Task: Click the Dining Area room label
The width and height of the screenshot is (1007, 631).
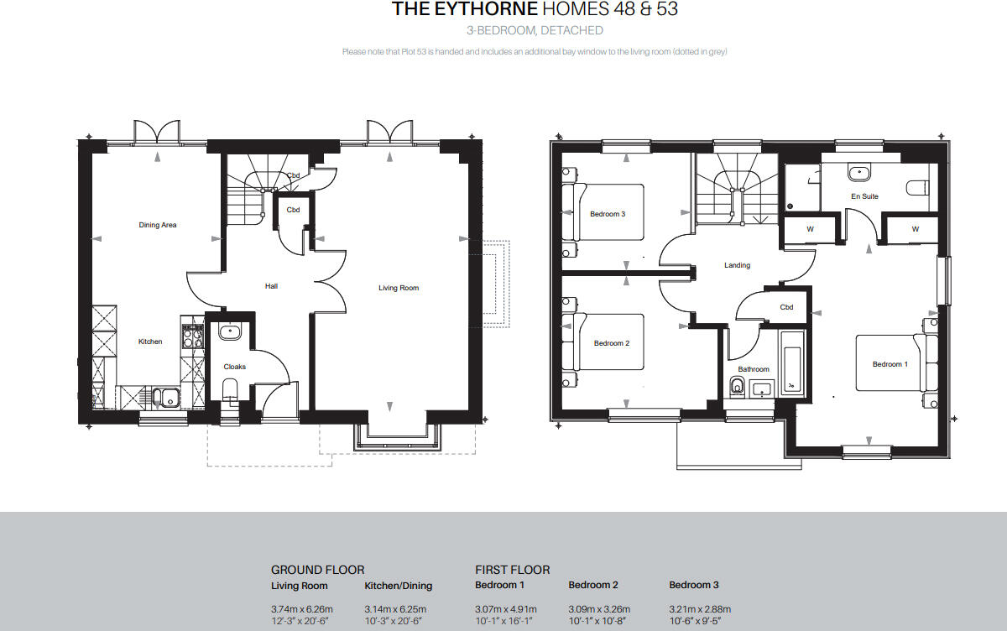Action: point(158,225)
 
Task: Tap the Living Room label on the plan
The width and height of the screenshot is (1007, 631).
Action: point(399,288)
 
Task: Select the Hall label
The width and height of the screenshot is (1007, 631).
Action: point(271,286)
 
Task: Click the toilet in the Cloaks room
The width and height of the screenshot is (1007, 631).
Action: point(230,389)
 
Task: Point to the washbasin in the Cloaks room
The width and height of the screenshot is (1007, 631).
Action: point(230,331)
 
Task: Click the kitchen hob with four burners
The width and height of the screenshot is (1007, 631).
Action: point(193,336)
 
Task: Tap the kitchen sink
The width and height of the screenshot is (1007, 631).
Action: point(165,397)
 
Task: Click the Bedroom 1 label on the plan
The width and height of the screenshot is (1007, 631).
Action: point(890,364)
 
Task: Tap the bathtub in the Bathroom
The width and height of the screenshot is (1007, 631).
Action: point(792,363)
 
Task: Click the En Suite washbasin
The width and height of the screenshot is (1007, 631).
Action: point(859,172)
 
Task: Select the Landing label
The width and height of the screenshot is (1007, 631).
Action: point(737,265)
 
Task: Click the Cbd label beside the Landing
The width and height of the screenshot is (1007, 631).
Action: point(786,307)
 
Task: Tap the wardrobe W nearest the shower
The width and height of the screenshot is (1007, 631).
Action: point(810,229)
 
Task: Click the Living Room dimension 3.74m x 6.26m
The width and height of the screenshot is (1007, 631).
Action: point(301,609)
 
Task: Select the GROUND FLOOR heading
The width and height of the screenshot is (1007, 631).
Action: point(317,570)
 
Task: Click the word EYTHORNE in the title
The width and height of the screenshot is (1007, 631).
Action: point(486,9)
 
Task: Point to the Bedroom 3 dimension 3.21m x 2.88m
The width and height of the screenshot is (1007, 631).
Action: point(700,609)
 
